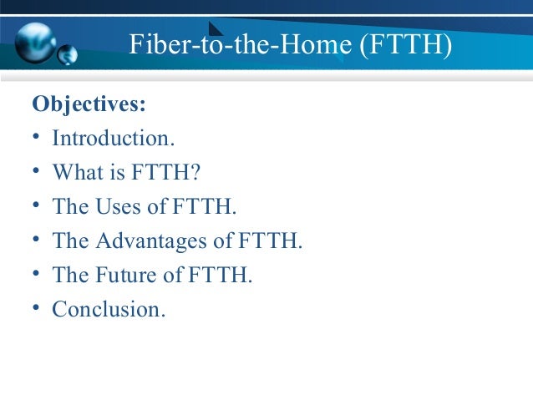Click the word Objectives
click(89, 105)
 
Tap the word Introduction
click(109, 139)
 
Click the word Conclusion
click(109, 309)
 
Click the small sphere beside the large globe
click(68, 55)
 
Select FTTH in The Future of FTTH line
click(221, 275)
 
